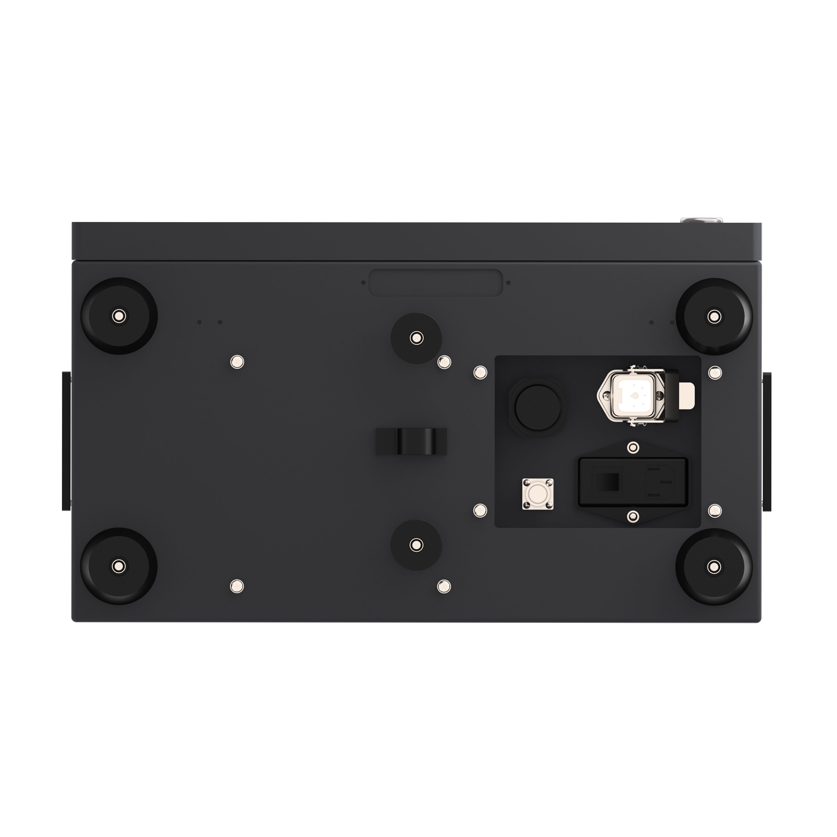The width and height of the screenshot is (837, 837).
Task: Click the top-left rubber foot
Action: point(119,316)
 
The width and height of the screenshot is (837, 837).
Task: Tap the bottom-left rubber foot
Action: point(119,566)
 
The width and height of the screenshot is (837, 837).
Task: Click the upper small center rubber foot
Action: point(416,338)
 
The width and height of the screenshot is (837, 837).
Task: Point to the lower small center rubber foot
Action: point(416,545)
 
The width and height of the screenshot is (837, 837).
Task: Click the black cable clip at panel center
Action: point(412,442)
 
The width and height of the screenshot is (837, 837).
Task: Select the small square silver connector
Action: point(537,494)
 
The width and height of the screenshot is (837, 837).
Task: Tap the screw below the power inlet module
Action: point(632,517)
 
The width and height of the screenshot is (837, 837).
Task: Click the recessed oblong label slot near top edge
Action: point(435,282)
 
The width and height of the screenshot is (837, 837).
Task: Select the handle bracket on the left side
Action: point(66,441)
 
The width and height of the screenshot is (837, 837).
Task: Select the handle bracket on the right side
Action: point(767,441)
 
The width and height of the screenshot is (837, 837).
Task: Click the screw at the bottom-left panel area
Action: point(237,586)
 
